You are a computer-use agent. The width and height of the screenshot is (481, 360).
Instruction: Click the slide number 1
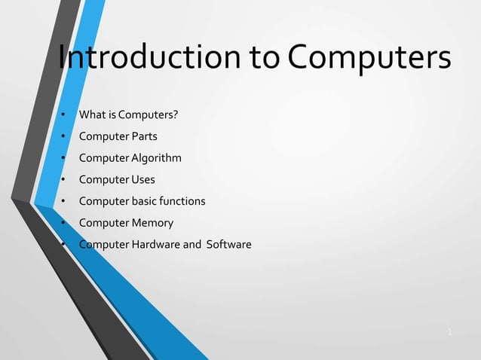449,331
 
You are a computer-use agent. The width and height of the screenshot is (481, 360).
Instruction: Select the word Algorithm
157,158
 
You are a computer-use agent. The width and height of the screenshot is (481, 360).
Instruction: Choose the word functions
181,201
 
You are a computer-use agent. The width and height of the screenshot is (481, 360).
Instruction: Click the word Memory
152,223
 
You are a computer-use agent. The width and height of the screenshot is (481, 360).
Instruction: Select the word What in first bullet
91,115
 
